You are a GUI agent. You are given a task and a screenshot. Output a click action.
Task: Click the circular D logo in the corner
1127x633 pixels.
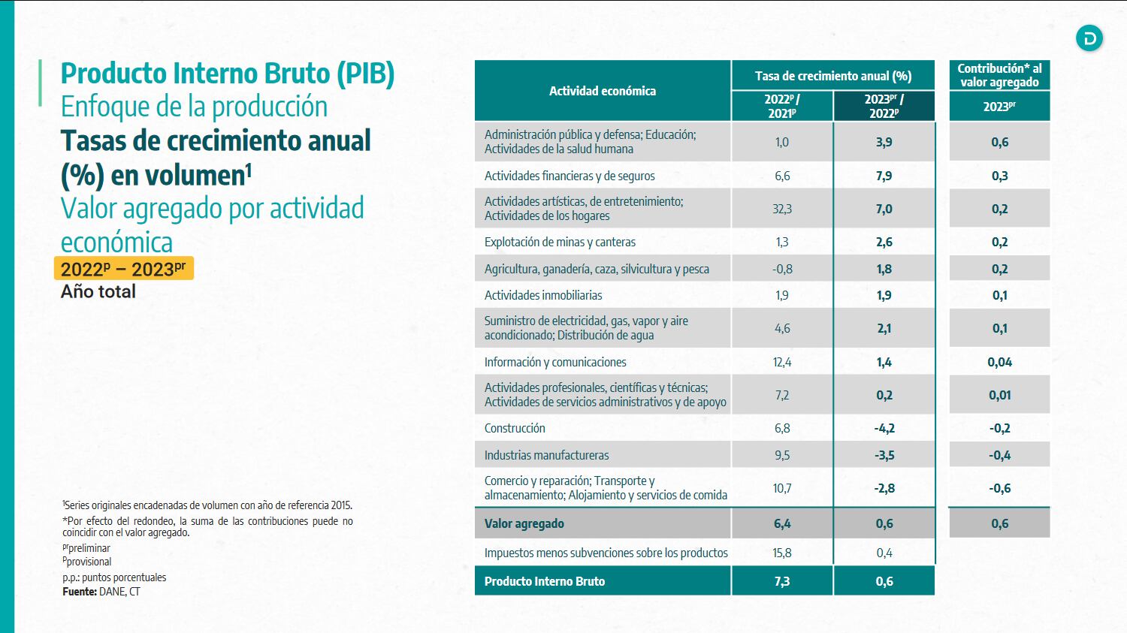pos(1089,38)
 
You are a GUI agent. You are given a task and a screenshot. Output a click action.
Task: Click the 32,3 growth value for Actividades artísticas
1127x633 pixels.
pos(781,209)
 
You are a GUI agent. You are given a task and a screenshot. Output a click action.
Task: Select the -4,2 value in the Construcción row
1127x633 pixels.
pos(884,428)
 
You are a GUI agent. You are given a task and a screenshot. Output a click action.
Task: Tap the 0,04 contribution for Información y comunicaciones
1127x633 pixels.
pos(999,362)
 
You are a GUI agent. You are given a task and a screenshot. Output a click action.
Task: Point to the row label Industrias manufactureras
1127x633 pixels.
pos(546,455)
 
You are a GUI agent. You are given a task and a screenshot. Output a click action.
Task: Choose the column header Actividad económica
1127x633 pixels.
pos(602,91)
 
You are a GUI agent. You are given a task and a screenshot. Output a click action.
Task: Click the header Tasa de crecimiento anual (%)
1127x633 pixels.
pos(832,76)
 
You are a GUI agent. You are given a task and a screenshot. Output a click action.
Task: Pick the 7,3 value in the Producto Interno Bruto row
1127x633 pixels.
pos(781,581)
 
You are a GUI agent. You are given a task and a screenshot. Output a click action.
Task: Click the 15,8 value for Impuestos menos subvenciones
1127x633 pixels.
pos(781,553)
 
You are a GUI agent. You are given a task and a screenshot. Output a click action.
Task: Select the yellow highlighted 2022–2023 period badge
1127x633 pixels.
pos(123,269)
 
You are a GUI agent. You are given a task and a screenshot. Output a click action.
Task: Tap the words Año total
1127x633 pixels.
pos(98,291)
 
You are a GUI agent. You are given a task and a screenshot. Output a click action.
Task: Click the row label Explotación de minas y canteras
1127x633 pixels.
pos(560,242)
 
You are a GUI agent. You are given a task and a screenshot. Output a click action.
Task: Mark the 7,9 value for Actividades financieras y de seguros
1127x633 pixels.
pos(884,176)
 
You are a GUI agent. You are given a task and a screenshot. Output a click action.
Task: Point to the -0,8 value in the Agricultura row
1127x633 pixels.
pos(781,269)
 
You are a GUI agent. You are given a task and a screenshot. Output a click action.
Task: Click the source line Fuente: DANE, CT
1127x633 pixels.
pos(101,592)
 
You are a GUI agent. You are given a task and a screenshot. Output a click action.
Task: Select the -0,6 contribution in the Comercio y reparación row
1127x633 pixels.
pos(999,488)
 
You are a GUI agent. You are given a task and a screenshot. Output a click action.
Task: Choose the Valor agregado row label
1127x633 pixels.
pos(524,523)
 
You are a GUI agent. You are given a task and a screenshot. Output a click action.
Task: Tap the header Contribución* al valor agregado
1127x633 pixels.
pos(999,75)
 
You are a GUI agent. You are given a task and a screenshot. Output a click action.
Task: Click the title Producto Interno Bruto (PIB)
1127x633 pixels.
pos(227,74)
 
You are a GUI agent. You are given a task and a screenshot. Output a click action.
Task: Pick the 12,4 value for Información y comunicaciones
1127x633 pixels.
pos(781,362)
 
